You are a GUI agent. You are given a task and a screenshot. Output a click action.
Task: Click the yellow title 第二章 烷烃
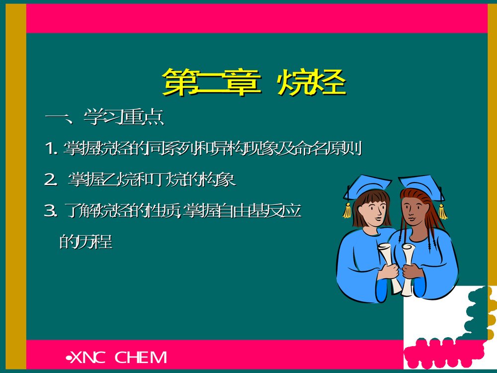(254, 82)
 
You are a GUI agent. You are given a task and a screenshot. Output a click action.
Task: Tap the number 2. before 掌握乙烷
(51, 180)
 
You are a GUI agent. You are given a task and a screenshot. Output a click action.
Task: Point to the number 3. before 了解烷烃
(51, 212)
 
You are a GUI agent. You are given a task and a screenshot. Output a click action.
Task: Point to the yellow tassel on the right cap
(442, 211)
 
